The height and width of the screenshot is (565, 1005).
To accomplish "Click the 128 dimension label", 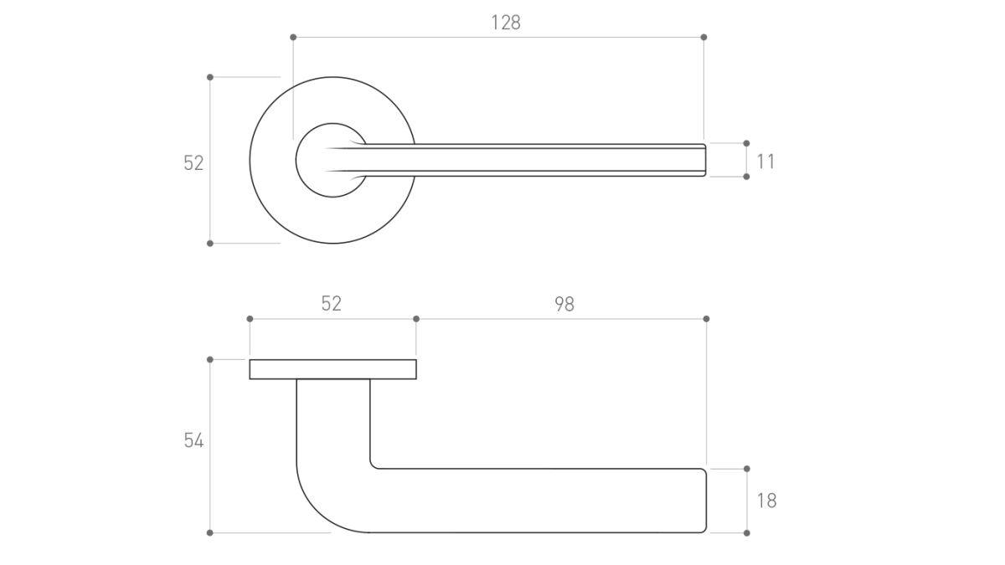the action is pos(506,23).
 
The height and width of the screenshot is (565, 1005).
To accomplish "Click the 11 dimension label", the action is pos(765,162).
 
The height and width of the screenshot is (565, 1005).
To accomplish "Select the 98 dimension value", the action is pos(564,304).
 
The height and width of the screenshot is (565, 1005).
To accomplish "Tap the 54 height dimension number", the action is pos(193,440).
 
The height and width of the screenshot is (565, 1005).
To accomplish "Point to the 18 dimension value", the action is pos(767,501).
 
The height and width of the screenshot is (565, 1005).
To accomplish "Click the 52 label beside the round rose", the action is pos(193,162).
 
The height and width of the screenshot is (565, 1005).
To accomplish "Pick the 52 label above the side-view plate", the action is pos(332,304).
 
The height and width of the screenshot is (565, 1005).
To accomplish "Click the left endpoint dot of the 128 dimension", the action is pos(293,37).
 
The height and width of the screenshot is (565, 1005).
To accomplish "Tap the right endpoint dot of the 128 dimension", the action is pos(703,37).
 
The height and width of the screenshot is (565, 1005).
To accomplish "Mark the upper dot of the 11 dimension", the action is pos(746,143).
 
